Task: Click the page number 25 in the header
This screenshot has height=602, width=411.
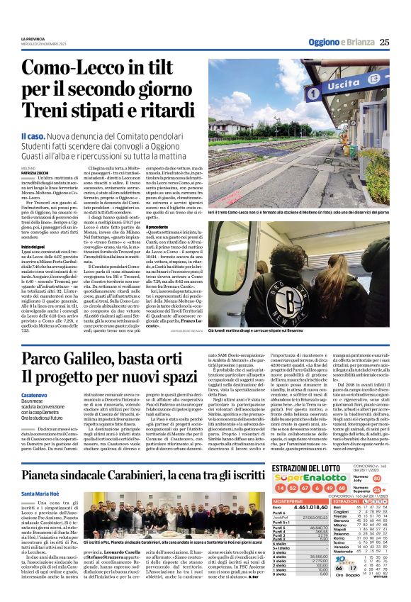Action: point(384,42)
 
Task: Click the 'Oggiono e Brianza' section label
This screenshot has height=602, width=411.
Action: point(342,42)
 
